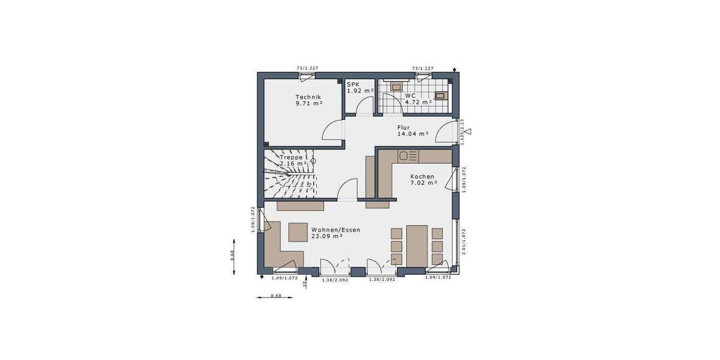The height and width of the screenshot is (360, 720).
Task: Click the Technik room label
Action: tap(308, 97)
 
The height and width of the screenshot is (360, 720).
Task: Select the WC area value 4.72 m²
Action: tap(418, 103)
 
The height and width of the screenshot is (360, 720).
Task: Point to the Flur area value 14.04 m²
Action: tap(412, 134)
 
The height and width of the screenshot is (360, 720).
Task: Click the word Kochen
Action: tap(422, 176)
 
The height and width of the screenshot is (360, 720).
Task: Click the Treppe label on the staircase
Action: tap(291, 157)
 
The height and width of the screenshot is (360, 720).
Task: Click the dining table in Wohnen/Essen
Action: tap(416, 244)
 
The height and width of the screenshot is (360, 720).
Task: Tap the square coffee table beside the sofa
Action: tap(297, 232)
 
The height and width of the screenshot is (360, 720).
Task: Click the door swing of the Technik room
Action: tap(332, 130)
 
